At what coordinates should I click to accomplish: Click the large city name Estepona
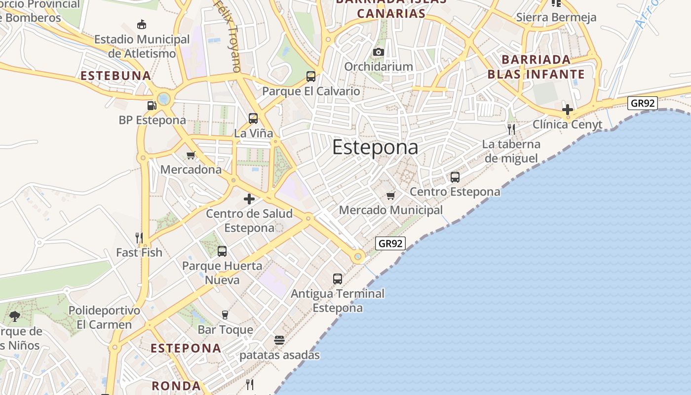point(375,147)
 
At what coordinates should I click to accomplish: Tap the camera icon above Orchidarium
point(379,52)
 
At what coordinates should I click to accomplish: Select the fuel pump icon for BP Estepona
point(152,105)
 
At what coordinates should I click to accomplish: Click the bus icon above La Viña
point(253,118)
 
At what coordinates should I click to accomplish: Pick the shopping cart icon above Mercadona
point(191,155)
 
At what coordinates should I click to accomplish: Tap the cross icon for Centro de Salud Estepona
point(249,199)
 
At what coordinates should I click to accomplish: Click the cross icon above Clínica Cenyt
point(568,109)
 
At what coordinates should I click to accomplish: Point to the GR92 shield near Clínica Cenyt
point(643,103)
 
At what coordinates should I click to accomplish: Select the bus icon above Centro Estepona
point(455,177)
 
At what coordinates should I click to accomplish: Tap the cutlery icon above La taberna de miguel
point(511,129)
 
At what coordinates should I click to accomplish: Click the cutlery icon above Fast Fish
point(139,237)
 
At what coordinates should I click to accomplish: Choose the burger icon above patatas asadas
point(279,340)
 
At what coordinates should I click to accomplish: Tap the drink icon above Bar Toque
point(225,315)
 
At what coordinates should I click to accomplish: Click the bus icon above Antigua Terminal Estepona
point(338,279)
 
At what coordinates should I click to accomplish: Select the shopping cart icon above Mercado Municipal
point(391,196)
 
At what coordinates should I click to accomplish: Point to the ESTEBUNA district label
point(115,76)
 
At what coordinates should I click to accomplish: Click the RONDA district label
point(176,386)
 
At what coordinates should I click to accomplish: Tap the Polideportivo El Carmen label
point(104,317)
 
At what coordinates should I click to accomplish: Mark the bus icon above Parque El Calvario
point(311,77)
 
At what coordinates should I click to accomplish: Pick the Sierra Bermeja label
point(556,17)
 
